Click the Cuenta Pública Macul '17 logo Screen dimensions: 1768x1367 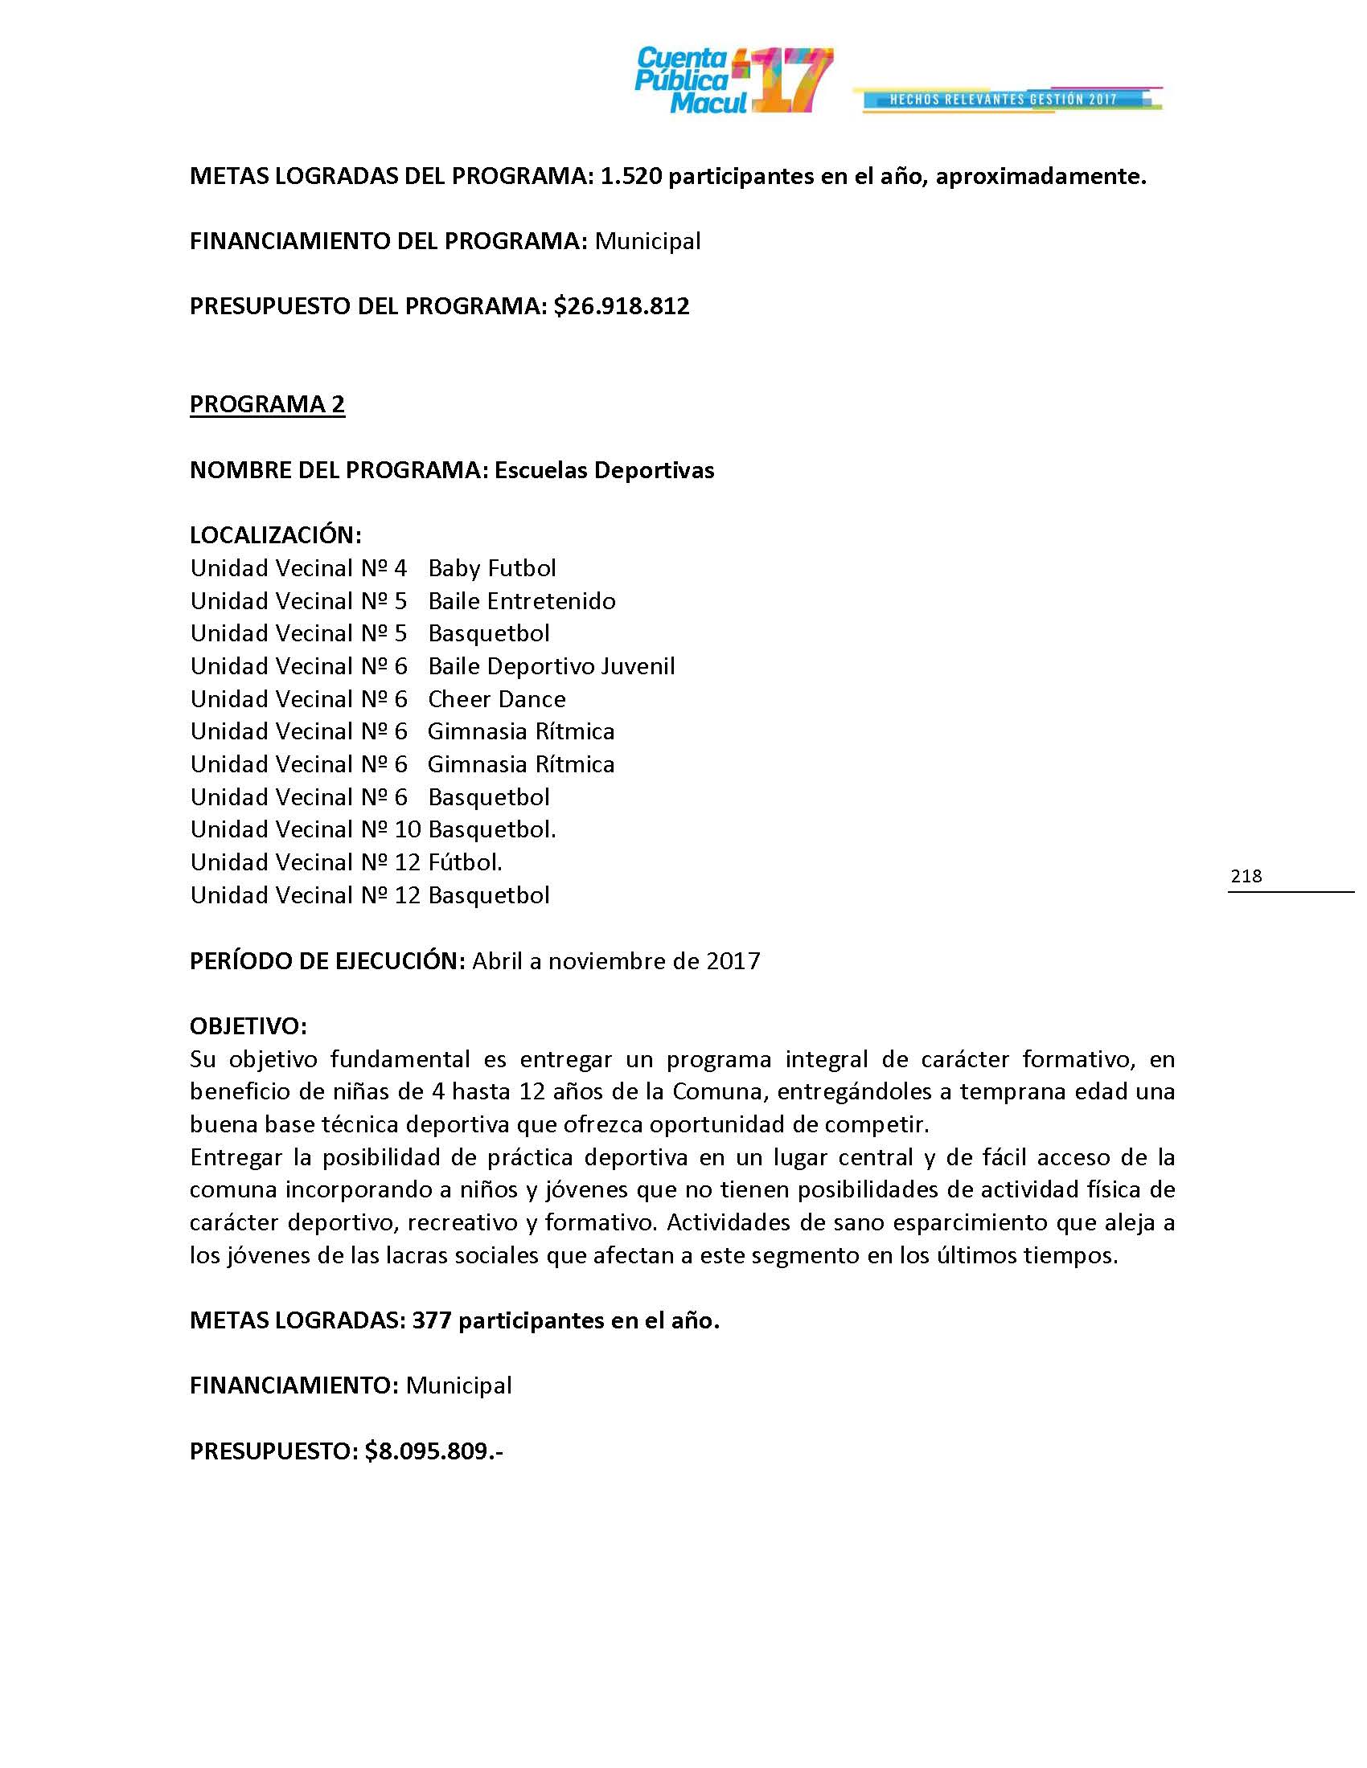point(733,80)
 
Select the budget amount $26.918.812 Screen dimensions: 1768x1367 point(622,306)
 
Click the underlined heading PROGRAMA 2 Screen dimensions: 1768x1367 point(267,404)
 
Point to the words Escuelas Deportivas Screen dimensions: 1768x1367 point(604,470)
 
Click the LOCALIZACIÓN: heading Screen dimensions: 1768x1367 point(275,535)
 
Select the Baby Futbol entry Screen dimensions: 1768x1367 point(491,568)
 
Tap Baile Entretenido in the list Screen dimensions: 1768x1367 point(522,600)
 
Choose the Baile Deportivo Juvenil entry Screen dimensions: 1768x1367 point(551,666)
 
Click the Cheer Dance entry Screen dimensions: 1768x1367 point(496,698)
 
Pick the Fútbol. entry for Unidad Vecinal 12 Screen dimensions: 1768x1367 point(465,862)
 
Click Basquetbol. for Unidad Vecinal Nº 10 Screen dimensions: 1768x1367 point(491,830)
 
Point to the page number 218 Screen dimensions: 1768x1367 point(1246,875)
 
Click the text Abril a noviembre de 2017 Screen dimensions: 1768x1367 point(616,961)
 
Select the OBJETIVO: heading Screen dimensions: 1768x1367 point(248,1026)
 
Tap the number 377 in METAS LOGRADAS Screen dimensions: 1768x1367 point(432,1320)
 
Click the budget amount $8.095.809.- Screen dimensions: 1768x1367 point(434,1451)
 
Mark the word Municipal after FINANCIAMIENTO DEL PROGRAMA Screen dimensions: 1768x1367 point(648,241)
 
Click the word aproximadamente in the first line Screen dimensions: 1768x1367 point(1041,177)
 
